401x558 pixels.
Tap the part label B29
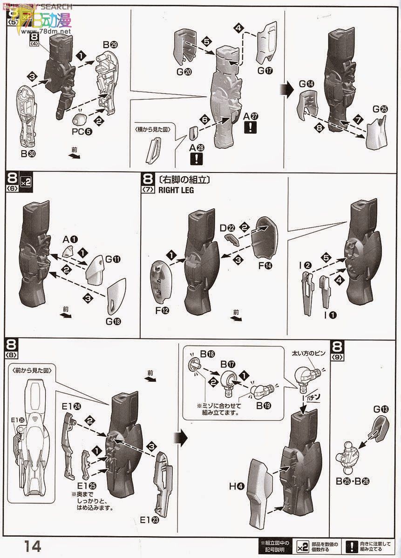[x=110, y=45]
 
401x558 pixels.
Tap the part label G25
[x=380, y=109]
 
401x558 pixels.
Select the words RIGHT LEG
[x=176, y=190]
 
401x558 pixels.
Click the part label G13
[x=380, y=409]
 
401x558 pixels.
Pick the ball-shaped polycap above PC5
[x=81, y=117]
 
